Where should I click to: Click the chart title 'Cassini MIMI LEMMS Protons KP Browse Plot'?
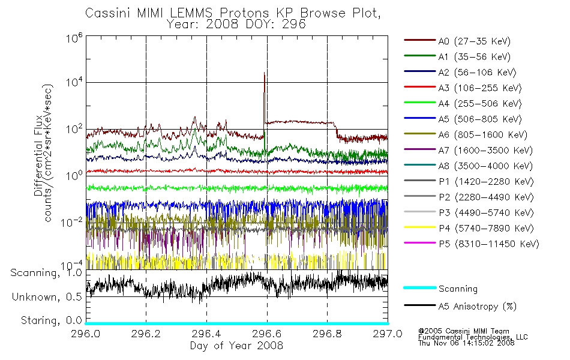point(233,13)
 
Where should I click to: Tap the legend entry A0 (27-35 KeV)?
point(457,41)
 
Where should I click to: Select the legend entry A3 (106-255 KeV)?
point(463,88)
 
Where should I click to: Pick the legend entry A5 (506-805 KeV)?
point(463,119)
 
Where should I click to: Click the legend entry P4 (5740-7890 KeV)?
point(469,229)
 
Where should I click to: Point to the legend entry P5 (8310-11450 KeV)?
point(472,244)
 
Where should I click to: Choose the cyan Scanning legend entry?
point(440,289)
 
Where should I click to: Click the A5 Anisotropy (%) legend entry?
point(460,307)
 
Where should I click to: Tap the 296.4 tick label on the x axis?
point(206,334)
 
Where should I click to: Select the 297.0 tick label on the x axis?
point(388,334)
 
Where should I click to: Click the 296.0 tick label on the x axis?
point(85,334)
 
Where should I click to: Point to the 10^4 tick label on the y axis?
point(74,82)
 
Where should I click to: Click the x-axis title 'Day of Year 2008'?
point(236,346)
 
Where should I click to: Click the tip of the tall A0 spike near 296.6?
point(264,73)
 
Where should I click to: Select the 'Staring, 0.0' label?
point(51,320)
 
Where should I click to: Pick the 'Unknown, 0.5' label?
point(47,297)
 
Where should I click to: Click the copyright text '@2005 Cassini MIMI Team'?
point(464,331)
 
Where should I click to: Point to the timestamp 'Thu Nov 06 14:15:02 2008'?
point(466,343)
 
